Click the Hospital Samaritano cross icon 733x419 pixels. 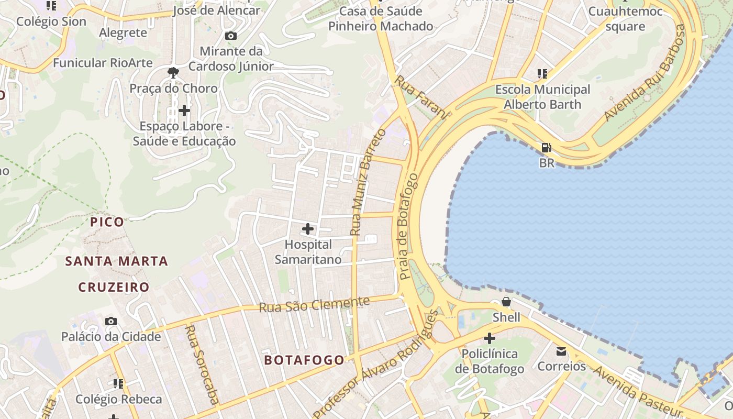click(308, 229)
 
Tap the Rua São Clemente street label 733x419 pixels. click(314, 304)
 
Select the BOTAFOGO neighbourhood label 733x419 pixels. click(304, 360)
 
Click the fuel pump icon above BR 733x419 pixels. click(546, 148)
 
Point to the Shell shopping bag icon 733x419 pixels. click(506, 302)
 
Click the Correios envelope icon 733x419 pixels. click(561, 351)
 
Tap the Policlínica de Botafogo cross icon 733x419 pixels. click(489, 338)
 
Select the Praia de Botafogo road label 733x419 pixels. click(409, 226)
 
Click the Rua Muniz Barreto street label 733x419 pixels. click(368, 182)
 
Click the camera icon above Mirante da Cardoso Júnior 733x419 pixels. click(230, 36)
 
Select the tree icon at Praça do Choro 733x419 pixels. click(173, 73)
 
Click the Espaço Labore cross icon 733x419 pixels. click(184, 111)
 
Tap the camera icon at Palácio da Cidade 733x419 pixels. click(111, 321)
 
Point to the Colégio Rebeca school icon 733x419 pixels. click(118, 384)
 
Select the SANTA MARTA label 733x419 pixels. click(116, 261)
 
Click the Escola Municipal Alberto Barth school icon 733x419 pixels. click(542, 74)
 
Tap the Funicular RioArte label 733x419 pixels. click(103, 63)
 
